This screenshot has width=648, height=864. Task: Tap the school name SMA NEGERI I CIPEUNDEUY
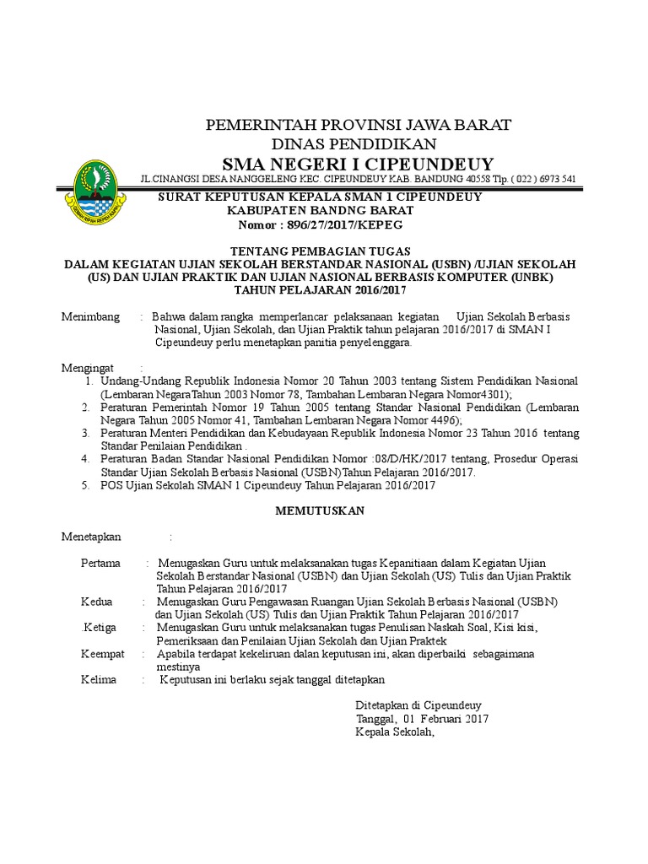point(359,164)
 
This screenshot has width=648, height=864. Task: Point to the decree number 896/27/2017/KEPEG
point(346,225)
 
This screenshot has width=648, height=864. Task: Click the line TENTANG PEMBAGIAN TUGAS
point(321,251)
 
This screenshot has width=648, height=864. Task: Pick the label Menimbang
point(91,316)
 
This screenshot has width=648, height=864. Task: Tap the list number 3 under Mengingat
point(85,433)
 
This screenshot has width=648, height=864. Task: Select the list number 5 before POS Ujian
point(85,486)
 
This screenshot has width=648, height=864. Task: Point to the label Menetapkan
point(91,537)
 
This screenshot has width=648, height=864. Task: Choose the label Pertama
point(100,563)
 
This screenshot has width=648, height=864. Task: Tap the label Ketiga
point(99,628)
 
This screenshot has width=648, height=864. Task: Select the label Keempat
point(102,654)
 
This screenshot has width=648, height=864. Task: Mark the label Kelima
point(99,679)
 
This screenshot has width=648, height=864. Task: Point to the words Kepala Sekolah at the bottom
point(394,732)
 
